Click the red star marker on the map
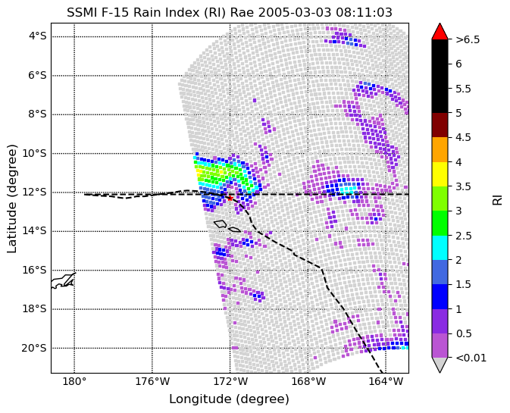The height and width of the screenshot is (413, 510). pos(230,198)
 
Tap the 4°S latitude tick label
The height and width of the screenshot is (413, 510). pos(38,36)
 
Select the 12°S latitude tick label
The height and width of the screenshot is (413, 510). pos(34,192)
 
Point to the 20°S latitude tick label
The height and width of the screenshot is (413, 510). pos(34,349)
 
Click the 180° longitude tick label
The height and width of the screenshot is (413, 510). pos(74,381)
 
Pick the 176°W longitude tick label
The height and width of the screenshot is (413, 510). pos(152,381)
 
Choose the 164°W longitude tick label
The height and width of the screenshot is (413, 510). pos(386,381)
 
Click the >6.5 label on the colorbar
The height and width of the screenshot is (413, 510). pos(468,39)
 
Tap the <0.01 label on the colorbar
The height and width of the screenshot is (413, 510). pos(471,358)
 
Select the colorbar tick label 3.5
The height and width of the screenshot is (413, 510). pos(464,186)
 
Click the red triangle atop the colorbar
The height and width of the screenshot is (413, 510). pos(440,31)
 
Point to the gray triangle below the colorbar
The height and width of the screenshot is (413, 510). pos(440,365)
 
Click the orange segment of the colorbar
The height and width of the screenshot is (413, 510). pos(440,149)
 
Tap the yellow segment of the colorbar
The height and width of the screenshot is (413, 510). pos(440,174)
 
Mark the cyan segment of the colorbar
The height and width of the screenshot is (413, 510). pos(440,248)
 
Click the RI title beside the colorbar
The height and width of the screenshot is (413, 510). pos(498,199)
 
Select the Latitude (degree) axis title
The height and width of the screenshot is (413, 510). pos(11,199)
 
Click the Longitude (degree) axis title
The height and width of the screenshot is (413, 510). pos(229,399)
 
